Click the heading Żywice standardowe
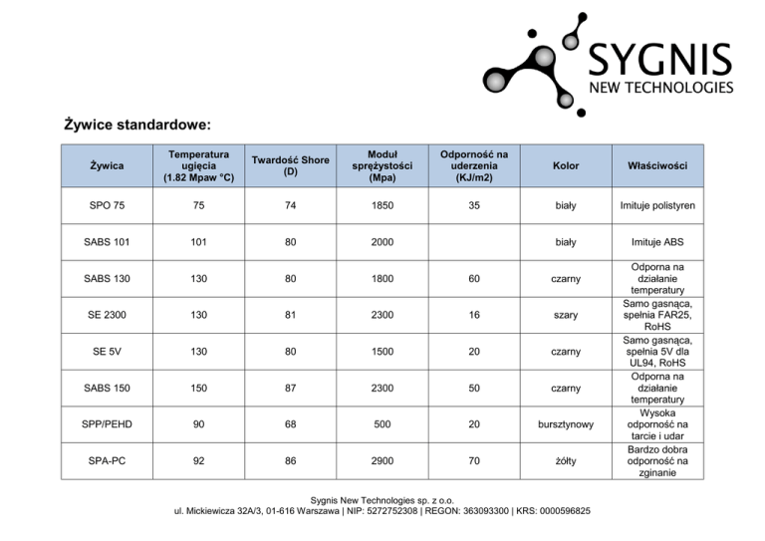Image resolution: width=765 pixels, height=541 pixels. point(136,126)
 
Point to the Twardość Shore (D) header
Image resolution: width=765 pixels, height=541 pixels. point(290,165)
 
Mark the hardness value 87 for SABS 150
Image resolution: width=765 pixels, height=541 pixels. point(290,388)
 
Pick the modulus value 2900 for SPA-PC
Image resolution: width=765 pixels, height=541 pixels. point(383,461)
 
